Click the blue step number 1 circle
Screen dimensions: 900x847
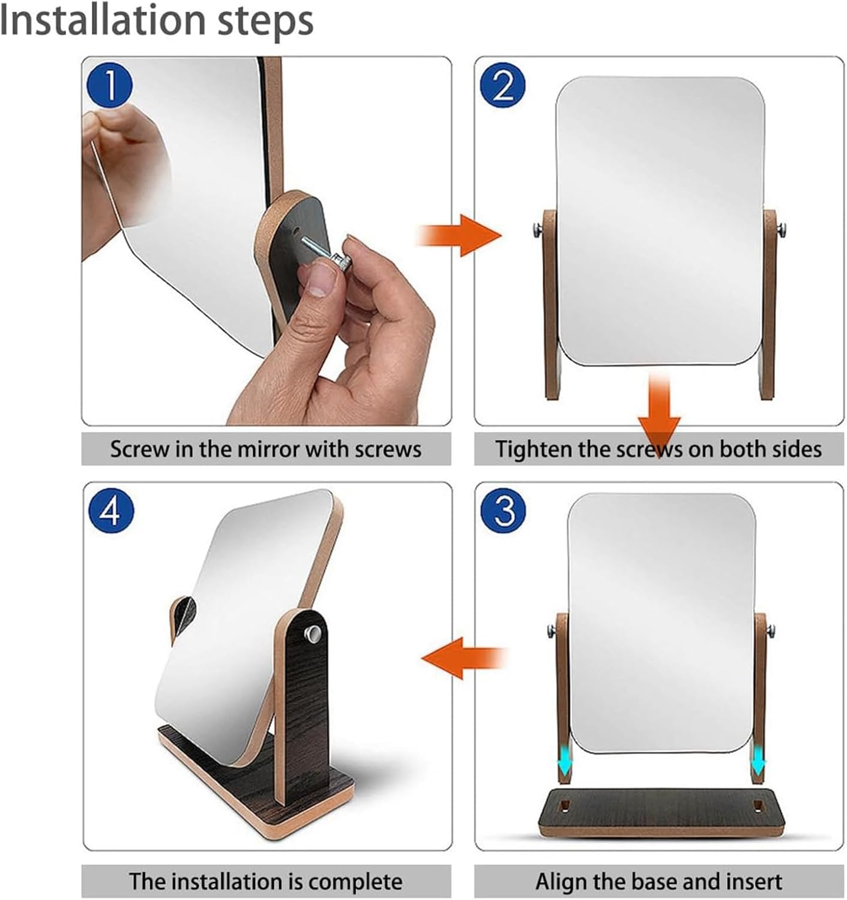tap(109, 85)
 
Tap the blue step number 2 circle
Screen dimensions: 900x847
tap(503, 85)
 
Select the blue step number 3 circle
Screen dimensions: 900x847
tap(503, 511)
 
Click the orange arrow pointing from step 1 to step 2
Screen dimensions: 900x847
tap(460, 235)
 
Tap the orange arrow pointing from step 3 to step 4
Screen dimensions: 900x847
tap(463, 658)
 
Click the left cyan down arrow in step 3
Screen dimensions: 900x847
tap(564, 764)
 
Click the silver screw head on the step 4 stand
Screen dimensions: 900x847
tap(312, 632)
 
